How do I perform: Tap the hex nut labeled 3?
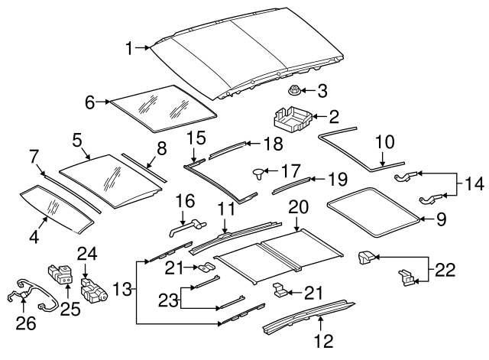pos(293,92)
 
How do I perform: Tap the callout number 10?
pos(384,142)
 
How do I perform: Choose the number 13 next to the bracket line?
pos(123,289)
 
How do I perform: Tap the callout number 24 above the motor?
pos(86,253)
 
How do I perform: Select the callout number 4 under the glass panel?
pos(32,237)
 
